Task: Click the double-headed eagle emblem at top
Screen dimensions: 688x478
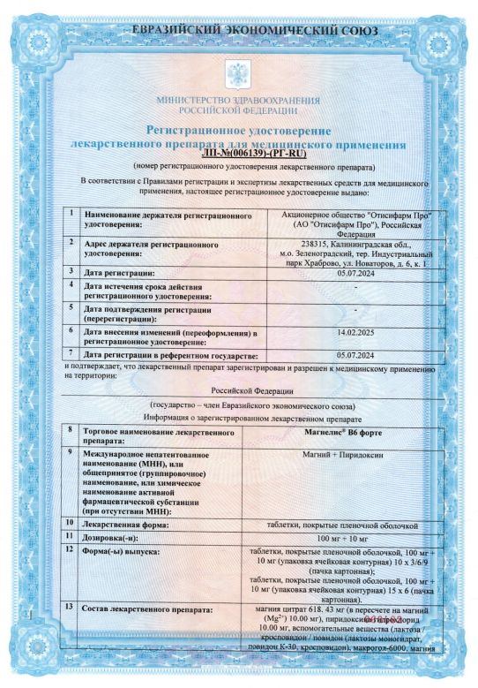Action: tap(238, 72)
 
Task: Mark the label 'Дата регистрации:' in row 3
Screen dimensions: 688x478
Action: tap(118, 271)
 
